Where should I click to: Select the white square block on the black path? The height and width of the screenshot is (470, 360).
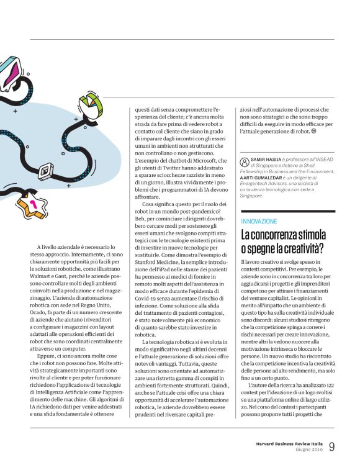pos(45,170)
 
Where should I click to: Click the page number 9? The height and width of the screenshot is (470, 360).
pos(332,446)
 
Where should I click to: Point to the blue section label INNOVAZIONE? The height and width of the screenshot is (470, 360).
pos(259,220)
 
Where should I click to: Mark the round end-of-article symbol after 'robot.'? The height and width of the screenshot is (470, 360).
pos(313,132)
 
